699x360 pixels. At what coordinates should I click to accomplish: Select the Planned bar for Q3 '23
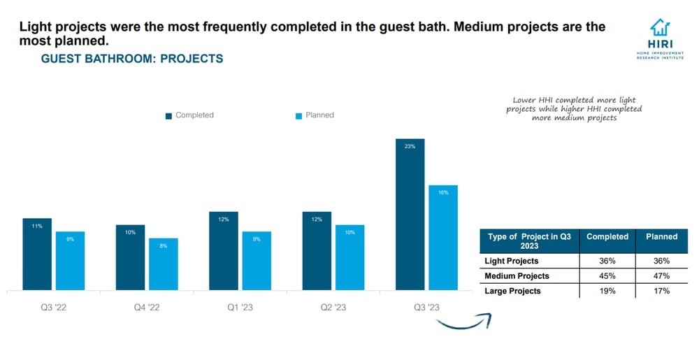click(443, 237)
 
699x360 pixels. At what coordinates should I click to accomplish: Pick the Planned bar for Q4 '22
click(164, 264)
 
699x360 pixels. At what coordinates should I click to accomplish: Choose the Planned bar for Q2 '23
click(350, 257)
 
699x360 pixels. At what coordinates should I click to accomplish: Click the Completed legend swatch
click(168, 115)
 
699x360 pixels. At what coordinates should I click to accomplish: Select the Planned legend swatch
click(298, 115)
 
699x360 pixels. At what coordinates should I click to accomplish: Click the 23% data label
click(410, 147)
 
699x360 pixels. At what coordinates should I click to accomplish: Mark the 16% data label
click(443, 192)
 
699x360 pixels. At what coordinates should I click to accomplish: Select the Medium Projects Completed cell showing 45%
click(607, 276)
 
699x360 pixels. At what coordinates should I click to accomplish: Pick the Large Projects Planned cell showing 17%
click(661, 291)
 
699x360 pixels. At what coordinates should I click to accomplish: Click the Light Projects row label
click(512, 261)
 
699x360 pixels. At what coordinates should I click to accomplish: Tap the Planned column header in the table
click(661, 237)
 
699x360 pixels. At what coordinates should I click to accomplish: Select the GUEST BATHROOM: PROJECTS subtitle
click(132, 59)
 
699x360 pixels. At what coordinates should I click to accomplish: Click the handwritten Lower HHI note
click(574, 109)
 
